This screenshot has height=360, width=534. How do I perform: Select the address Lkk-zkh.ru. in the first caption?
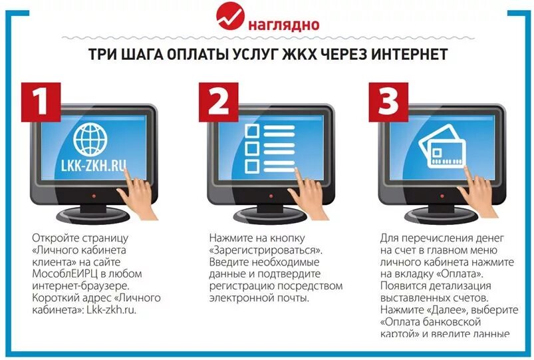coord(112,309)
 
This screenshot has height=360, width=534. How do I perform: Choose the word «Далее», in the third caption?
coord(425,309)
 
